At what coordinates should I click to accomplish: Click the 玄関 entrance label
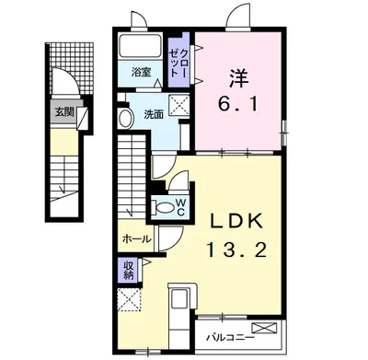(x=64, y=112)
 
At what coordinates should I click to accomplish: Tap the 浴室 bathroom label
(x=141, y=73)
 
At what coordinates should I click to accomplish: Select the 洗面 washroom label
(x=154, y=114)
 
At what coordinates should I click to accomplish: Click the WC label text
(x=180, y=206)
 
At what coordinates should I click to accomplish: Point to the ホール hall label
(x=137, y=239)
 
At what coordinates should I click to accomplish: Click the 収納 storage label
(x=129, y=270)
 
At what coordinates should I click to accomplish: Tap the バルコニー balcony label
(x=230, y=338)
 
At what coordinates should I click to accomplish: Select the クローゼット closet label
(x=179, y=63)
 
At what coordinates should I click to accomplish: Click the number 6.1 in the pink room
(x=237, y=104)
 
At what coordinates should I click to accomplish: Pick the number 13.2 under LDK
(x=237, y=250)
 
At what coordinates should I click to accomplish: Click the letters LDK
(x=236, y=221)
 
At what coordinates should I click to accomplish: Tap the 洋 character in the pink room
(x=238, y=78)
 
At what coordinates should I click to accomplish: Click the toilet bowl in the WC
(x=163, y=207)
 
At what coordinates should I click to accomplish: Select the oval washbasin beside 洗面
(x=125, y=118)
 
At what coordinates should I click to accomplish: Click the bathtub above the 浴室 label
(x=141, y=45)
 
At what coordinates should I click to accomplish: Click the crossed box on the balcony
(x=264, y=328)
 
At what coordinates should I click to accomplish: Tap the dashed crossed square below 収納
(x=129, y=299)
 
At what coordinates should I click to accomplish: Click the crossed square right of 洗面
(x=179, y=105)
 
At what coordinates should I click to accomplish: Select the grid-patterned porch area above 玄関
(x=72, y=68)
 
